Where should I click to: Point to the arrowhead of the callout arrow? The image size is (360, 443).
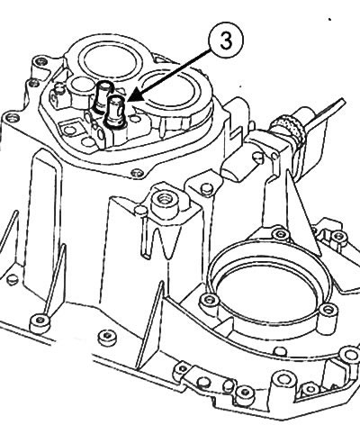tap(131, 98)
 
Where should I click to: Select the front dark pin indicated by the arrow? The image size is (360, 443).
tap(115, 113)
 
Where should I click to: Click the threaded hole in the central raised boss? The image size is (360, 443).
tap(164, 201)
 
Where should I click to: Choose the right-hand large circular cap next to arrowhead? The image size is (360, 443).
tap(171, 91)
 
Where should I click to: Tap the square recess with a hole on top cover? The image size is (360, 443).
tap(71, 130)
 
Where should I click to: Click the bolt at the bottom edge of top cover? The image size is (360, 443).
tap(138, 173)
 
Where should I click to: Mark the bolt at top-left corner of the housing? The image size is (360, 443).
tap(40, 62)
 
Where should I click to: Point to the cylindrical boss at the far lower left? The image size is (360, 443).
tap(40, 322)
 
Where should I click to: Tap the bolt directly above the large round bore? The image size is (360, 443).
tap(281, 234)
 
